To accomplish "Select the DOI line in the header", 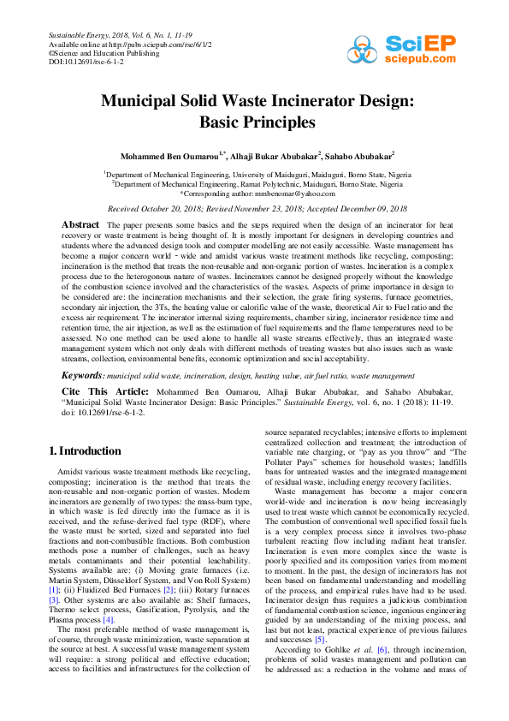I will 86,63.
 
